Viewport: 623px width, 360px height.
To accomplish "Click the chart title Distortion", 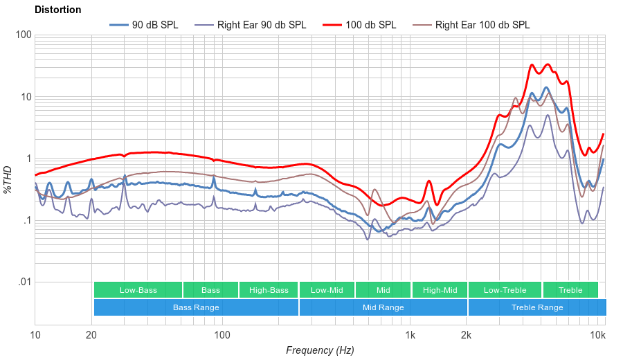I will coord(57,10).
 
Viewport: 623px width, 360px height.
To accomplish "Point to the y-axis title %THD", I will coord(9,179).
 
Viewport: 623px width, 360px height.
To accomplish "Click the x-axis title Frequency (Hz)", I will coord(319,350).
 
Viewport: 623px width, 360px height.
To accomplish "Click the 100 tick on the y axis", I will coord(24,35).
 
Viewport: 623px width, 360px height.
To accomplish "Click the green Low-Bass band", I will coord(138,290).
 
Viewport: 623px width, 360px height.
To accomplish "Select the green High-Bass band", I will coord(269,290).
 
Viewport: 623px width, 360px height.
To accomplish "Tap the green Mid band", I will coord(383,290).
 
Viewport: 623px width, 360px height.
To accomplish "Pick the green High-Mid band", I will coord(440,290).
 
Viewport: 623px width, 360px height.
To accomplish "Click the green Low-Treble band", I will coord(505,290).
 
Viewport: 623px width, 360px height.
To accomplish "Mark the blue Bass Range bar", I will coord(196,307).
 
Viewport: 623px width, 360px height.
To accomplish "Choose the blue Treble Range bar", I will coord(536,307).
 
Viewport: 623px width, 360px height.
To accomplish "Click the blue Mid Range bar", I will coord(383,307).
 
